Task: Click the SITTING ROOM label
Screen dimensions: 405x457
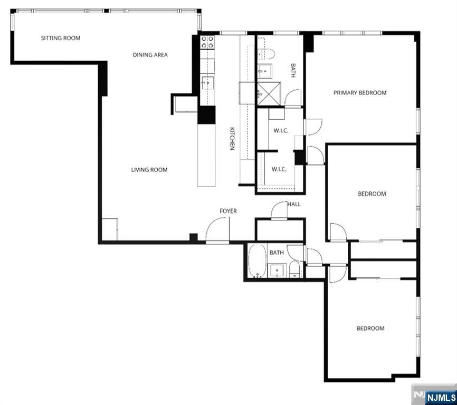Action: (x=61, y=38)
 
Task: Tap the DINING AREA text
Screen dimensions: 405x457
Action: (x=150, y=55)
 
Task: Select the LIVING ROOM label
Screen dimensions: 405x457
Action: (x=149, y=170)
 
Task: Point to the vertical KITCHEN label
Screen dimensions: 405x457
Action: (x=231, y=139)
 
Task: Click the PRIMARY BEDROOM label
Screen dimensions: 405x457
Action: (x=360, y=93)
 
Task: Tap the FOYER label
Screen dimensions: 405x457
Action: (x=228, y=211)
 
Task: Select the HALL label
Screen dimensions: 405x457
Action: (x=294, y=204)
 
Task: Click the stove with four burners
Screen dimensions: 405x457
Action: (x=208, y=42)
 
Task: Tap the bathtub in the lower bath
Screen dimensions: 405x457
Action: (x=258, y=261)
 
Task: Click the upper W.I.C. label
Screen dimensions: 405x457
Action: (x=281, y=131)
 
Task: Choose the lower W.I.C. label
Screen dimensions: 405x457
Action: (x=279, y=169)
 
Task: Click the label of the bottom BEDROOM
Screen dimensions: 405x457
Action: (x=370, y=329)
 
